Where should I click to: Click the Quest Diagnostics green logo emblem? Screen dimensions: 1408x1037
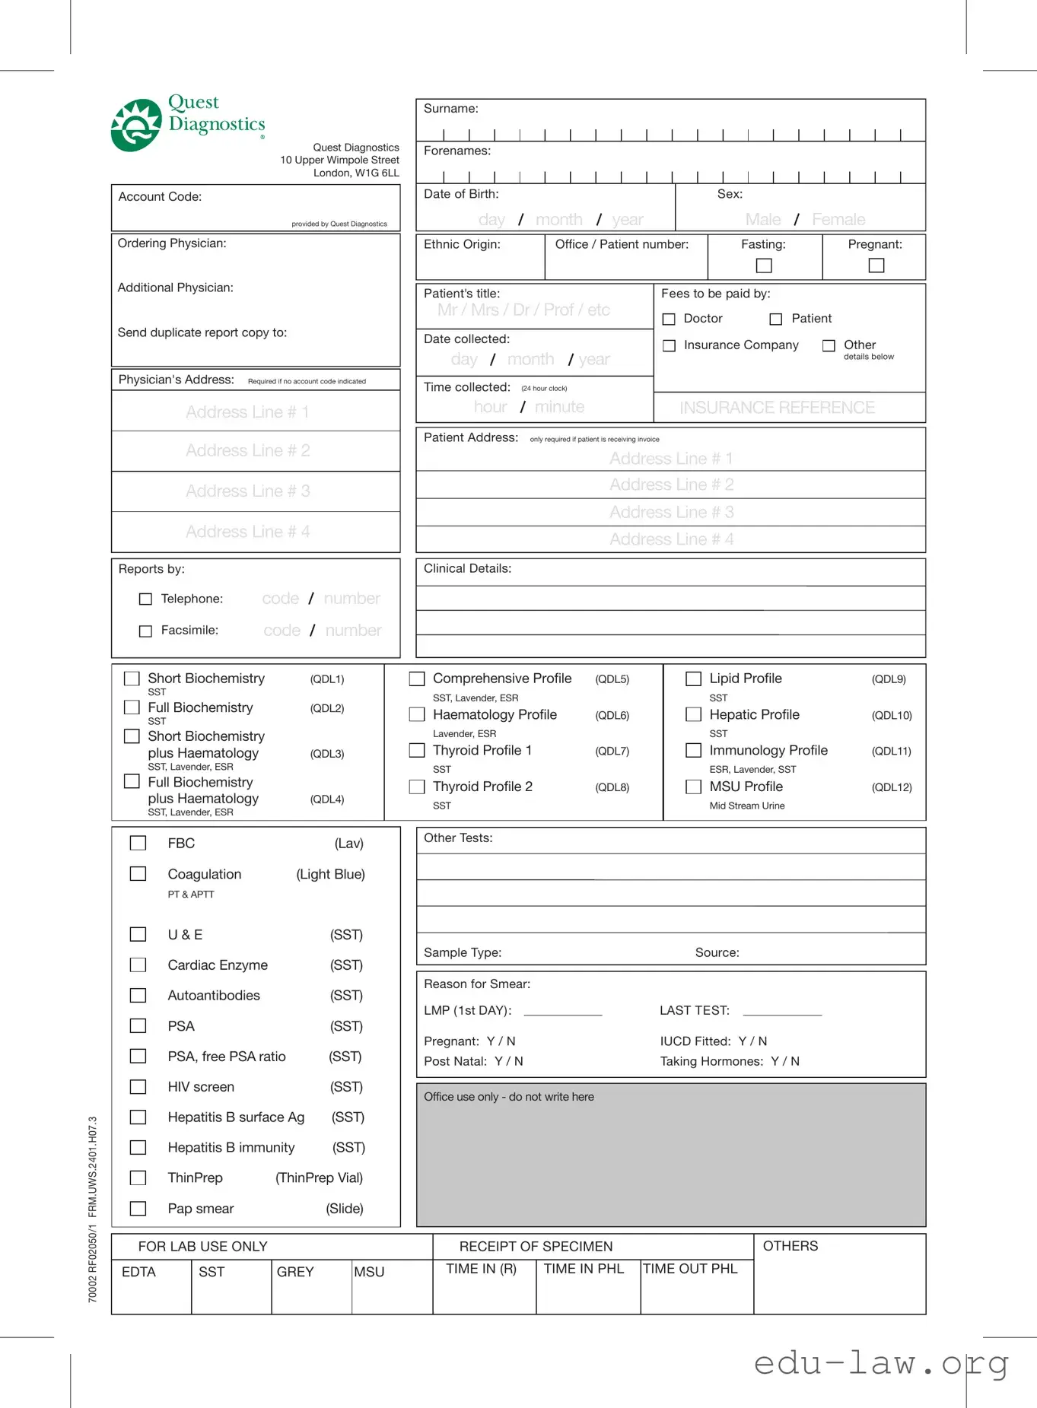(x=136, y=126)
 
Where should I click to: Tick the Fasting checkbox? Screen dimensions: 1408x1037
(x=764, y=265)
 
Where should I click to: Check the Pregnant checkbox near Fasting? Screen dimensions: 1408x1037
(x=876, y=265)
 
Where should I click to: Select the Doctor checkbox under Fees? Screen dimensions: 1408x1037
(x=669, y=319)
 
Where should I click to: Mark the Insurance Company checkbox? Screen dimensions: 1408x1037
(x=669, y=346)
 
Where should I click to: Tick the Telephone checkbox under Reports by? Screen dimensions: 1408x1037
(x=145, y=599)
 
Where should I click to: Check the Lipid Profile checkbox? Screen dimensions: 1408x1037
(x=693, y=679)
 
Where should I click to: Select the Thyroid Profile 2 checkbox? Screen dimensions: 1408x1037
(x=417, y=787)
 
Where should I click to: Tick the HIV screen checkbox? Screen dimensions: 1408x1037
(x=138, y=1087)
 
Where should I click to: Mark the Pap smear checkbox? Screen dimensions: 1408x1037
(x=138, y=1209)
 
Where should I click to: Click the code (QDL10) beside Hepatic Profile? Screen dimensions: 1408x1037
(x=891, y=716)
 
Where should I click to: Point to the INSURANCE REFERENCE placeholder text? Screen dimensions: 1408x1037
(x=777, y=408)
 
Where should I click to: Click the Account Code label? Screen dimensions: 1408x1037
(x=160, y=197)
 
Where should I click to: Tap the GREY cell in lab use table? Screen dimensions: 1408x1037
(x=295, y=1272)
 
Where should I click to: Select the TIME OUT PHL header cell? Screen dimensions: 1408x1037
(x=690, y=1269)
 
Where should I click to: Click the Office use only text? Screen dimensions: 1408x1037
(x=508, y=1097)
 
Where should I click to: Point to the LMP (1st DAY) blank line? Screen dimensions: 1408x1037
(x=563, y=1013)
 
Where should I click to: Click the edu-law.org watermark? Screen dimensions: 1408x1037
(x=880, y=1363)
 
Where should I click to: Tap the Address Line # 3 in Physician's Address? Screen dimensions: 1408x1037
(x=247, y=491)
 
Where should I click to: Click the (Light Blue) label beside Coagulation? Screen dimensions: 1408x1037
(x=330, y=875)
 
